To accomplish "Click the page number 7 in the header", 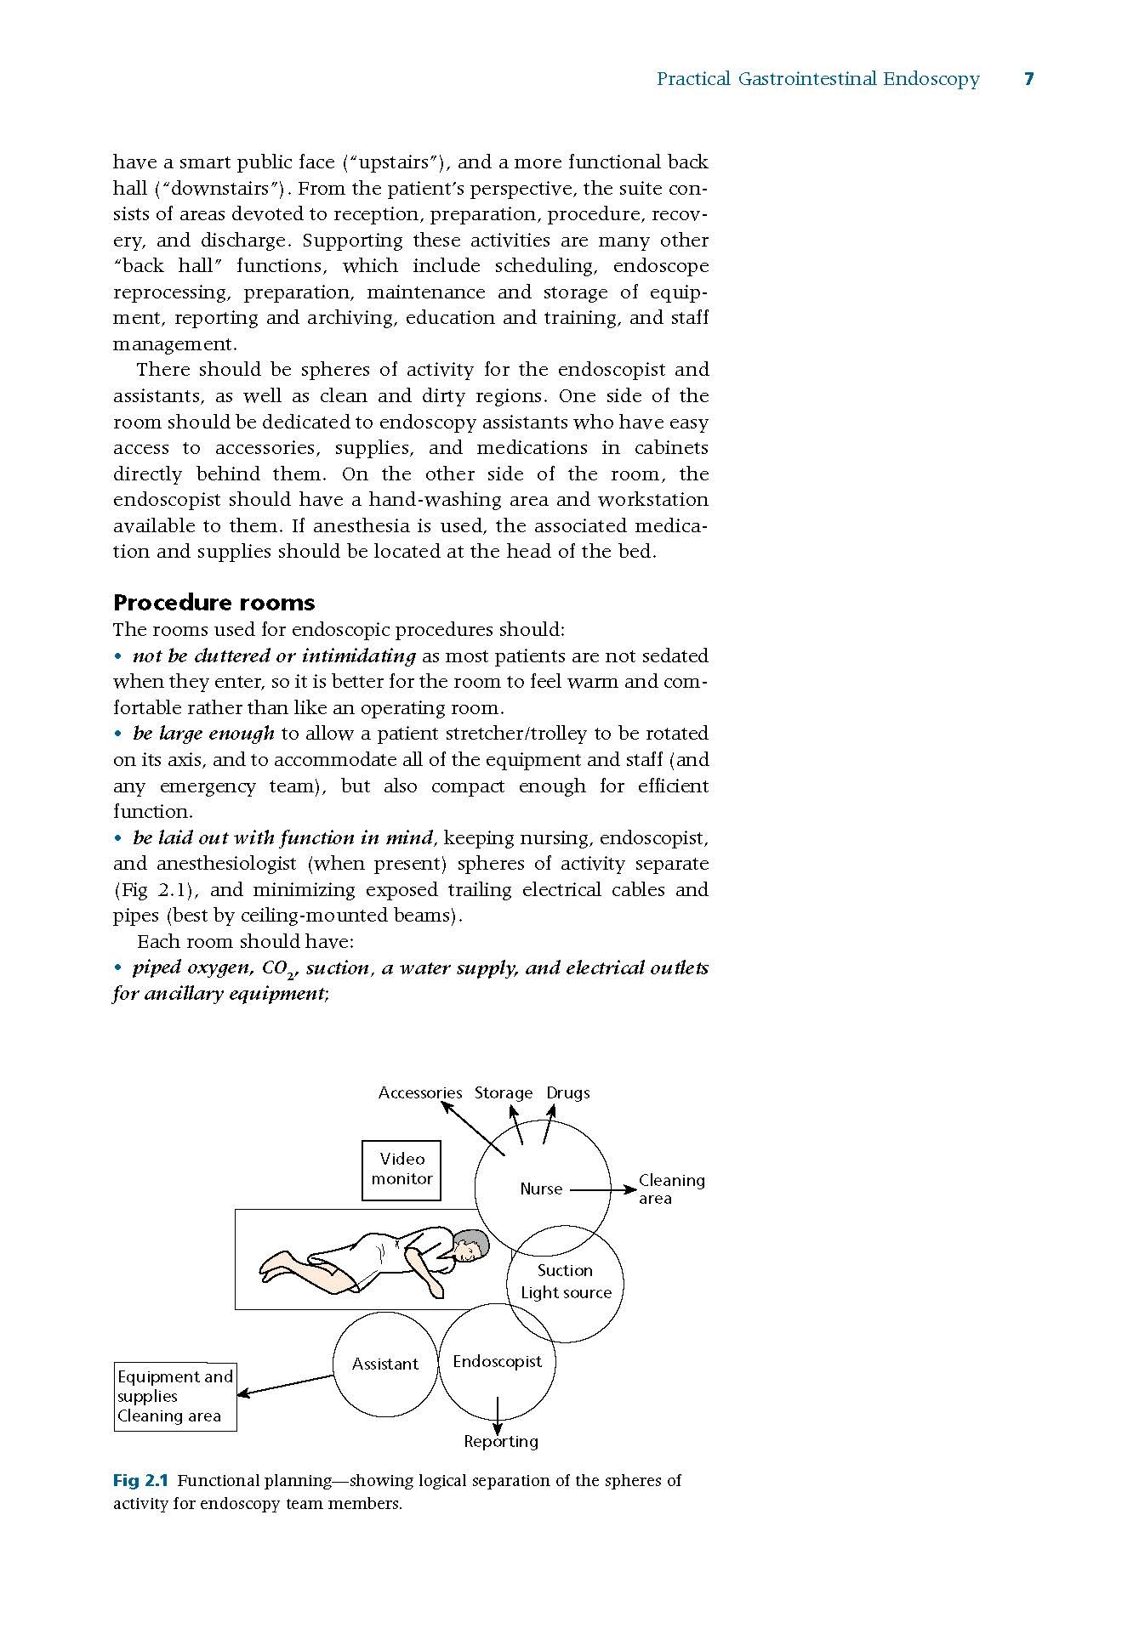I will click(1028, 79).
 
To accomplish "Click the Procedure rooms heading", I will click(214, 603).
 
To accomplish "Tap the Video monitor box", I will click(401, 1170).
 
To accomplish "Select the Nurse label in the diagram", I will click(541, 1189).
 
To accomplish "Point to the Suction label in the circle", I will click(565, 1270).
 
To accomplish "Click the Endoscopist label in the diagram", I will click(497, 1361).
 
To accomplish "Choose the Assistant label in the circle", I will click(385, 1364).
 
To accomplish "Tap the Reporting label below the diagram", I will click(500, 1441).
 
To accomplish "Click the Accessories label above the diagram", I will click(420, 1092).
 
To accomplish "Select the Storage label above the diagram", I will click(504, 1092).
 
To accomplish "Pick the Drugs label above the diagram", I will click(568, 1092).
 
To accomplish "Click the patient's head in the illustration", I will click(470, 1247).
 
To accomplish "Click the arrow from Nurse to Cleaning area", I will click(602, 1190).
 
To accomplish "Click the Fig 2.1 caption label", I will click(140, 1480).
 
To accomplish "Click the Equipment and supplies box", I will click(175, 1396).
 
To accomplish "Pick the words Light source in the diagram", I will click(566, 1292).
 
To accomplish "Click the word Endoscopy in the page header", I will click(931, 79).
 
